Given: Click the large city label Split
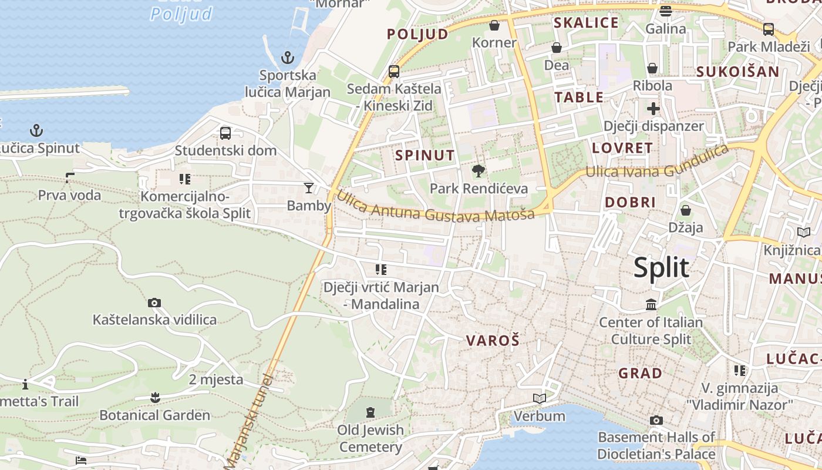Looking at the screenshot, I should tap(661, 268).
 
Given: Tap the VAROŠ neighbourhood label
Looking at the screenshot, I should tap(493, 340).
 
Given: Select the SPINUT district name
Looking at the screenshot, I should tap(425, 155).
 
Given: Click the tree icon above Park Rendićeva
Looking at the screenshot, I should tap(479, 171).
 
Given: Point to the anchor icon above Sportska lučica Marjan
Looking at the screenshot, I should tap(287, 58).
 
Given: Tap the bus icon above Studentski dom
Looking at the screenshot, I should tap(225, 133).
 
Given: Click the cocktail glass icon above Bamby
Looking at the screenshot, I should tap(309, 188).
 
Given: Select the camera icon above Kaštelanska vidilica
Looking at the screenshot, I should tap(154, 303).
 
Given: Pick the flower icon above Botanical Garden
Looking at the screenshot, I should tap(155, 398).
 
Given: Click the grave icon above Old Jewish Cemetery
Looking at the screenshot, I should tap(370, 412).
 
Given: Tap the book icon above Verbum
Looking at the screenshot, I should tap(540, 398).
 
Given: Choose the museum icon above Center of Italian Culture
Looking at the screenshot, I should tap(651, 305).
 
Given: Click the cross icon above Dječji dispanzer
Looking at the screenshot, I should tap(653, 109).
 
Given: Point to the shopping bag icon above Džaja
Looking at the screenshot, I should tap(685, 210).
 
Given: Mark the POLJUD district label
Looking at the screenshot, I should tap(417, 34).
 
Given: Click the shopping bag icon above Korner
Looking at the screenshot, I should tap(494, 25).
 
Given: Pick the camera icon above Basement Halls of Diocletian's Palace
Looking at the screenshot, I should tap(656, 420).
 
